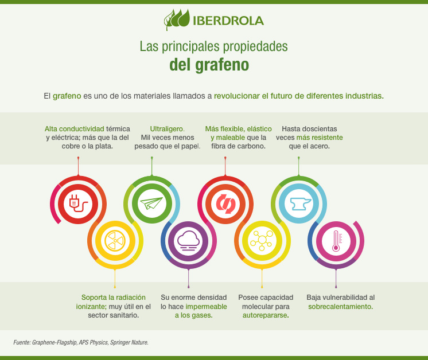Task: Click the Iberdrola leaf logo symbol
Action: (x=176, y=19)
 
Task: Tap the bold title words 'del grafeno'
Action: (x=209, y=65)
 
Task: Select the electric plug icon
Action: (x=78, y=203)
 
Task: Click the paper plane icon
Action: (x=151, y=203)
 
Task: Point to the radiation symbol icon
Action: (x=115, y=240)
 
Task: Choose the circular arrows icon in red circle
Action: (x=225, y=203)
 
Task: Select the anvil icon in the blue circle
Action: (x=298, y=203)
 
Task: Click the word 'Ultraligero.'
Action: (x=168, y=128)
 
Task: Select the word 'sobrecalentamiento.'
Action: (x=340, y=307)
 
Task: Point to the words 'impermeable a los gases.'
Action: (x=194, y=311)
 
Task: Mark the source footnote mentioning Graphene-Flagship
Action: (x=81, y=342)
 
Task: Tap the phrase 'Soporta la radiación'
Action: (x=114, y=298)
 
